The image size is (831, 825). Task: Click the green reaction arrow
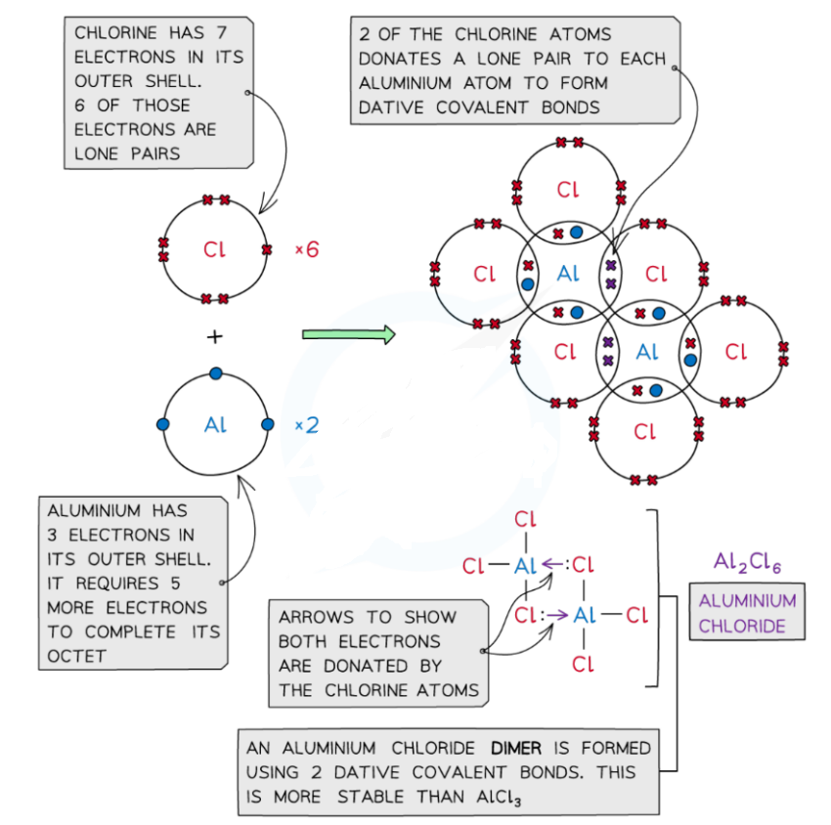point(348,335)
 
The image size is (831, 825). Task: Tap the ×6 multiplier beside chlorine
point(307,250)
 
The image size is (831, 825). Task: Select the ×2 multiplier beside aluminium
point(307,425)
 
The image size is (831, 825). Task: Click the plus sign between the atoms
point(214,336)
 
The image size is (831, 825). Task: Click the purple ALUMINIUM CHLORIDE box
point(747,613)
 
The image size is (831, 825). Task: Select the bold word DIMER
point(504,748)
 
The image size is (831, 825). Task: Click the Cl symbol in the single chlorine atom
point(214,250)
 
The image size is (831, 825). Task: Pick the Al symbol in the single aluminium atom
point(215,425)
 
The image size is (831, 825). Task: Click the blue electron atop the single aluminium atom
point(215,373)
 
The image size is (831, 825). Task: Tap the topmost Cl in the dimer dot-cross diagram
point(568,189)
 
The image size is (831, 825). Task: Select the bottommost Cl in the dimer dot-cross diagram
point(644,431)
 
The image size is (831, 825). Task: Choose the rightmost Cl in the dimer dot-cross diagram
point(735,351)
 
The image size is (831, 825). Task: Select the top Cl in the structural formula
point(526,518)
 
